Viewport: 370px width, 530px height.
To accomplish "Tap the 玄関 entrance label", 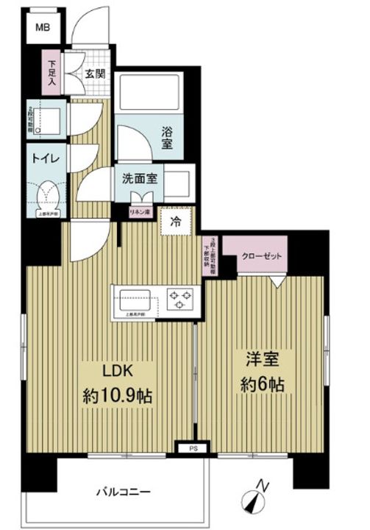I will coord(93,74).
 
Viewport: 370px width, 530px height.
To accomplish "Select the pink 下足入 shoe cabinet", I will coord(53,74).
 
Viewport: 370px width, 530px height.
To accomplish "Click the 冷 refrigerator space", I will coord(177,221).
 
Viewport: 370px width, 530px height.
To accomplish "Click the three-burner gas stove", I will coord(179,300).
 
